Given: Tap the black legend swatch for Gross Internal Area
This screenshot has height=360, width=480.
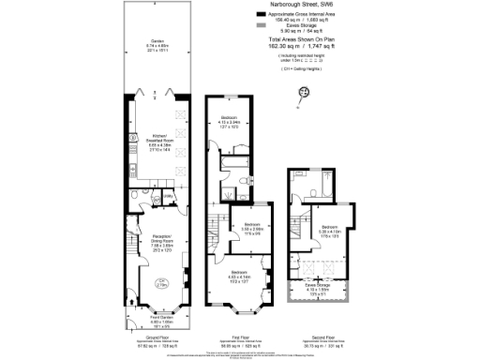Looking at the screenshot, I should click(260, 16).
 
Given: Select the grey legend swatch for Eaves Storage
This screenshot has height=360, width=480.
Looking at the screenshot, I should click(260, 28).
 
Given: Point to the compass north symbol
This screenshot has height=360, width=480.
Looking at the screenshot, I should click(304, 91).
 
